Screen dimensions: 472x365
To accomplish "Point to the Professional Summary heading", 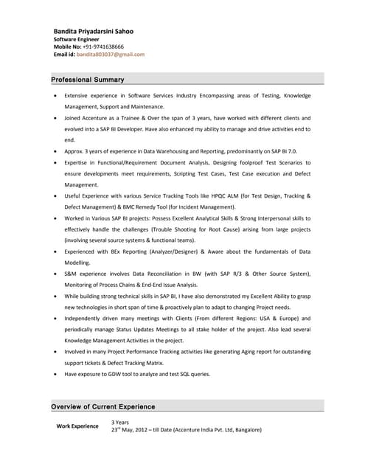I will click(88, 80).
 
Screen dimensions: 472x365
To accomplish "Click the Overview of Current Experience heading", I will click(102, 406).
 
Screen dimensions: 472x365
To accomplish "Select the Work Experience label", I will click(77, 426).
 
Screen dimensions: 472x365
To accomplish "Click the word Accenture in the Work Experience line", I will click(207, 429).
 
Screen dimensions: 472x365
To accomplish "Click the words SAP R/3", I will click(233, 274).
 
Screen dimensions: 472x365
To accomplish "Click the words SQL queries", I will click(193, 374).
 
